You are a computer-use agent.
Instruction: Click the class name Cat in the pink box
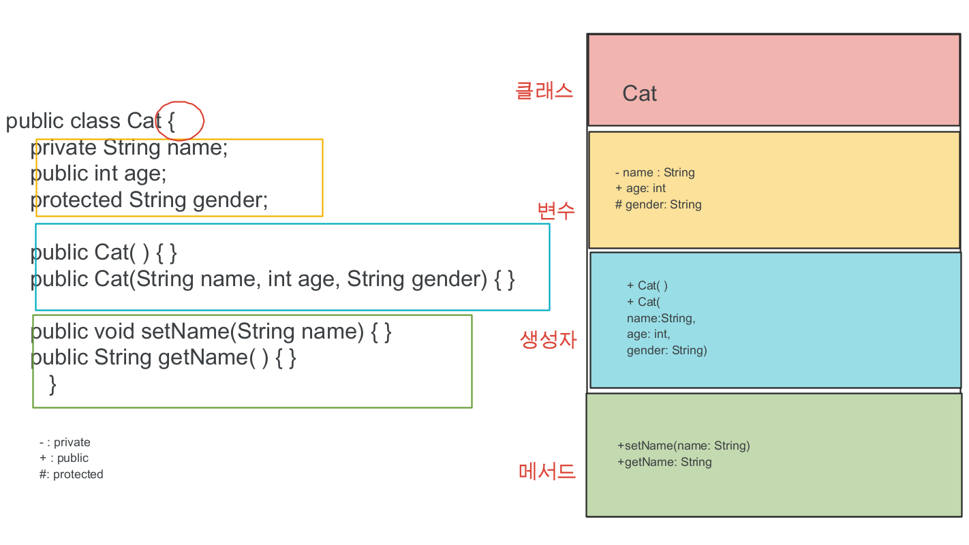point(639,93)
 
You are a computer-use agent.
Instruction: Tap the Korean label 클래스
point(544,91)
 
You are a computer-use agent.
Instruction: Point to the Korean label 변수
point(556,211)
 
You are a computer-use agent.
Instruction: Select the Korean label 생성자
point(548,339)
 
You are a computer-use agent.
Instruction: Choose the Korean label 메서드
point(547,471)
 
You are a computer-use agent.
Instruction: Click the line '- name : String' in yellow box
point(654,172)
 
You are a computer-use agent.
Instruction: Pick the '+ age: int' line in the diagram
point(640,188)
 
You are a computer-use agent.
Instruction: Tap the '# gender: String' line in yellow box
point(658,204)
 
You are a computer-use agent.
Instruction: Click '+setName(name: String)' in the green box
point(683,446)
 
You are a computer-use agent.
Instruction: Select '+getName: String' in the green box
point(664,462)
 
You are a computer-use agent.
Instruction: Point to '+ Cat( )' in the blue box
point(647,285)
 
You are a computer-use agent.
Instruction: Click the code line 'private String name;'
point(129,147)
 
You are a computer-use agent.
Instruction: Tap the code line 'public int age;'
point(99,173)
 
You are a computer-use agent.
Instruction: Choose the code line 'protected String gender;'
point(149,200)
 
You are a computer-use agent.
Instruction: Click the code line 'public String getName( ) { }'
point(164,357)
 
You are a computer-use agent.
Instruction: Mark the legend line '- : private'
point(65,442)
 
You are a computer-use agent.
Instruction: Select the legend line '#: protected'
point(71,474)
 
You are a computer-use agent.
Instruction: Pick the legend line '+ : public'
point(64,458)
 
